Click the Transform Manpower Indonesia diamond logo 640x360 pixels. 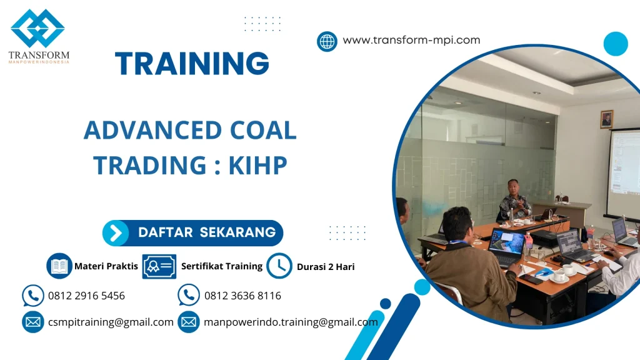[x=37, y=28]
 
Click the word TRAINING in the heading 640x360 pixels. [x=192, y=64]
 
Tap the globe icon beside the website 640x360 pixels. [x=327, y=41]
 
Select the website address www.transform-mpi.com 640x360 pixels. [x=411, y=40]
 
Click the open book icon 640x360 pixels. [x=60, y=266]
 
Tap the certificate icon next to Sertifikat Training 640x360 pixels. [x=159, y=266]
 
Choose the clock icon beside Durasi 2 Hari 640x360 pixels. [x=279, y=266]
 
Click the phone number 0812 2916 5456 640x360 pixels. [x=86, y=296]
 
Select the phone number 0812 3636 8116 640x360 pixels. [x=242, y=296]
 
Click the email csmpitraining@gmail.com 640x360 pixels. [x=111, y=322]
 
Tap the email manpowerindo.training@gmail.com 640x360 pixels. [x=291, y=322]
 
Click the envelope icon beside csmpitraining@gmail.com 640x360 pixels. [x=32, y=322]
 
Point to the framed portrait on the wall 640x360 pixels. [x=606, y=119]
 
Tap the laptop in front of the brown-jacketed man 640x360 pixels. [x=506, y=246]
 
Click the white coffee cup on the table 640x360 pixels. [x=559, y=274]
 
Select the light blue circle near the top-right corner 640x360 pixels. [x=616, y=44]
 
